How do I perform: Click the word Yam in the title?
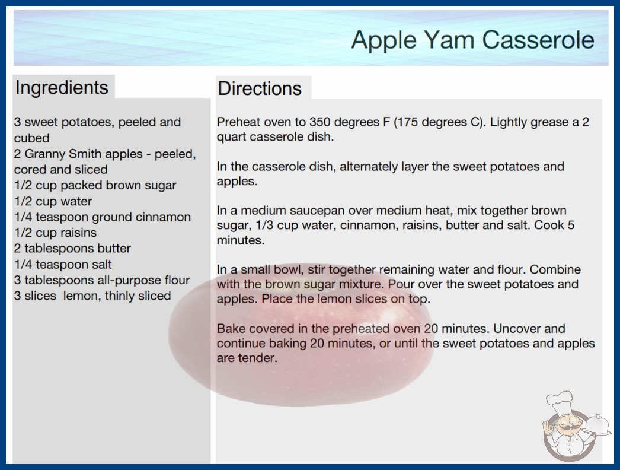coord(449,40)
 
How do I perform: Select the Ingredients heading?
coord(62,88)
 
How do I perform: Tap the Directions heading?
coord(260,88)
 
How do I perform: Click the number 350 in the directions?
coord(320,122)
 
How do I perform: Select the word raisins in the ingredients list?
coord(78,233)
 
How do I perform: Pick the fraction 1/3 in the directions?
coord(265,226)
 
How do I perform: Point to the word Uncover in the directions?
coord(519,329)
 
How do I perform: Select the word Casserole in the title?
coord(538,40)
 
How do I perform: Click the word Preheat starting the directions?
coord(241,122)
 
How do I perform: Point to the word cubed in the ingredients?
coord(31,138)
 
